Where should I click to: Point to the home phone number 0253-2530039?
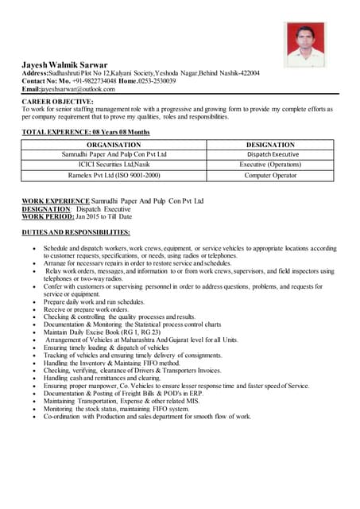coord(176,81)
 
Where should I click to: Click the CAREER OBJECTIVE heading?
coord(57,102)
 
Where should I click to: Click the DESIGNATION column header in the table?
coord(270,145)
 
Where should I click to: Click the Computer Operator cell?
coord(270,175)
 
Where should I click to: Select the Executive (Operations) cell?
coord(270,165)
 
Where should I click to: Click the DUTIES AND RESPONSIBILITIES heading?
coord(76,232)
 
